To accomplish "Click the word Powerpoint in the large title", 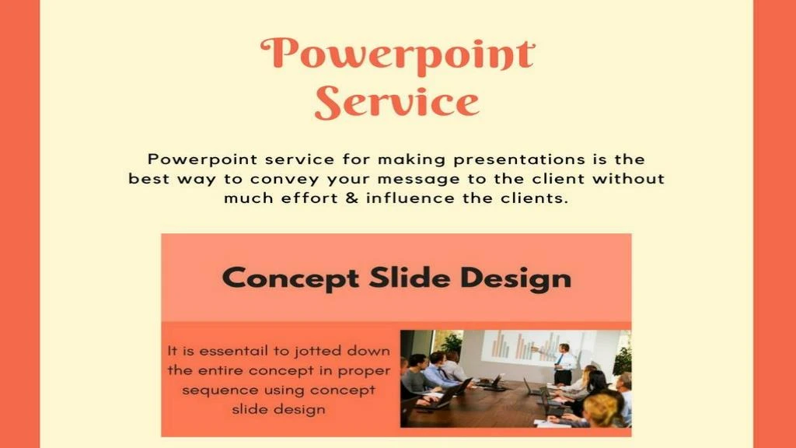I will pyautogui.click(x=397, y=54).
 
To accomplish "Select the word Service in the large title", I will pyautogui.click(x=397, y=103).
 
